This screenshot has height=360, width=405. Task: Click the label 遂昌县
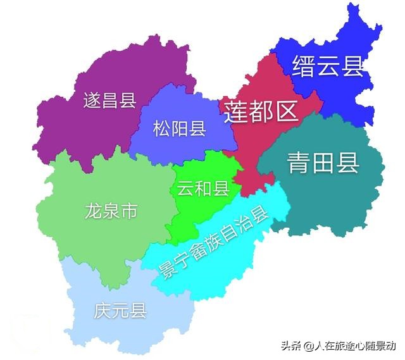[110, 100]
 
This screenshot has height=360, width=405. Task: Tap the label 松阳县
[180, 130]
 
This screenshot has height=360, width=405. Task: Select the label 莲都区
[261, 111]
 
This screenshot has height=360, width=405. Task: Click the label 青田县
[323, 163]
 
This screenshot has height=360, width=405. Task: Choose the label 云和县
[202, 188]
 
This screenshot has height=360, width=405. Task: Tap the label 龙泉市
[111, 211]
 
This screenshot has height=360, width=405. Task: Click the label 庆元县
[120, 311]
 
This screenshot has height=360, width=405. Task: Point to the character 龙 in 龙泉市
[93, 211]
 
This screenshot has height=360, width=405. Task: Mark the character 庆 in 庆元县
[103, 311]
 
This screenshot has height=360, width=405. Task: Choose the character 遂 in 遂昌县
[92, 100]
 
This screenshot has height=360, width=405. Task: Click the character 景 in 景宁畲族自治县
[163, 276]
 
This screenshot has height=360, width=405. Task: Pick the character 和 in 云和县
[202, 188]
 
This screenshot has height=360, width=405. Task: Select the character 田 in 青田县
[323, 163]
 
